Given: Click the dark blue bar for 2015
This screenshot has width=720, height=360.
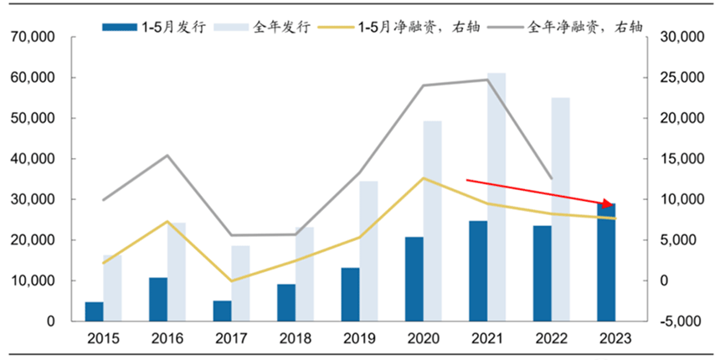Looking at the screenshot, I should (x=95, y=311).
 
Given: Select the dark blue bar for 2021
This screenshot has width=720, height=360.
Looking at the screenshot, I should (x=478, y=270).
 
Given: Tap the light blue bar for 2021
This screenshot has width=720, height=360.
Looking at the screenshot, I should (x=497, y=197).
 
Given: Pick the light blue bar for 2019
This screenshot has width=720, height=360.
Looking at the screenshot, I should (x=369, y=251).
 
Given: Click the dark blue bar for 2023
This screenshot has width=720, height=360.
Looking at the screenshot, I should (x=606, y=262).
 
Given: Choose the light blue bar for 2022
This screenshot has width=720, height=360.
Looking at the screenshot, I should (x=561, y=209).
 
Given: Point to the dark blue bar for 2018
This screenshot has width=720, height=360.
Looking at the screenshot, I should (x=286, y=302).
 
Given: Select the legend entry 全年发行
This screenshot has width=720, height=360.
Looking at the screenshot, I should (x=266, y=27).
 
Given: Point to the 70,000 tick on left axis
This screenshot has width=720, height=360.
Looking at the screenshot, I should (x=33, y=38).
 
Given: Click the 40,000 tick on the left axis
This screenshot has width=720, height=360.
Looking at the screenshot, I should (x=33, y=159).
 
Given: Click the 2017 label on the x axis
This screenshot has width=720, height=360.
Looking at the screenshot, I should (x=232, y=339).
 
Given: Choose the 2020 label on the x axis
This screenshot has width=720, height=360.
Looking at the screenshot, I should (x=424, y=339).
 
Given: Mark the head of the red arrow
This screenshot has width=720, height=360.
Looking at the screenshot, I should (x=612, y=204).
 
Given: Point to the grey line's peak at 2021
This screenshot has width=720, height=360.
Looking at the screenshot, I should (x=488, y=80).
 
